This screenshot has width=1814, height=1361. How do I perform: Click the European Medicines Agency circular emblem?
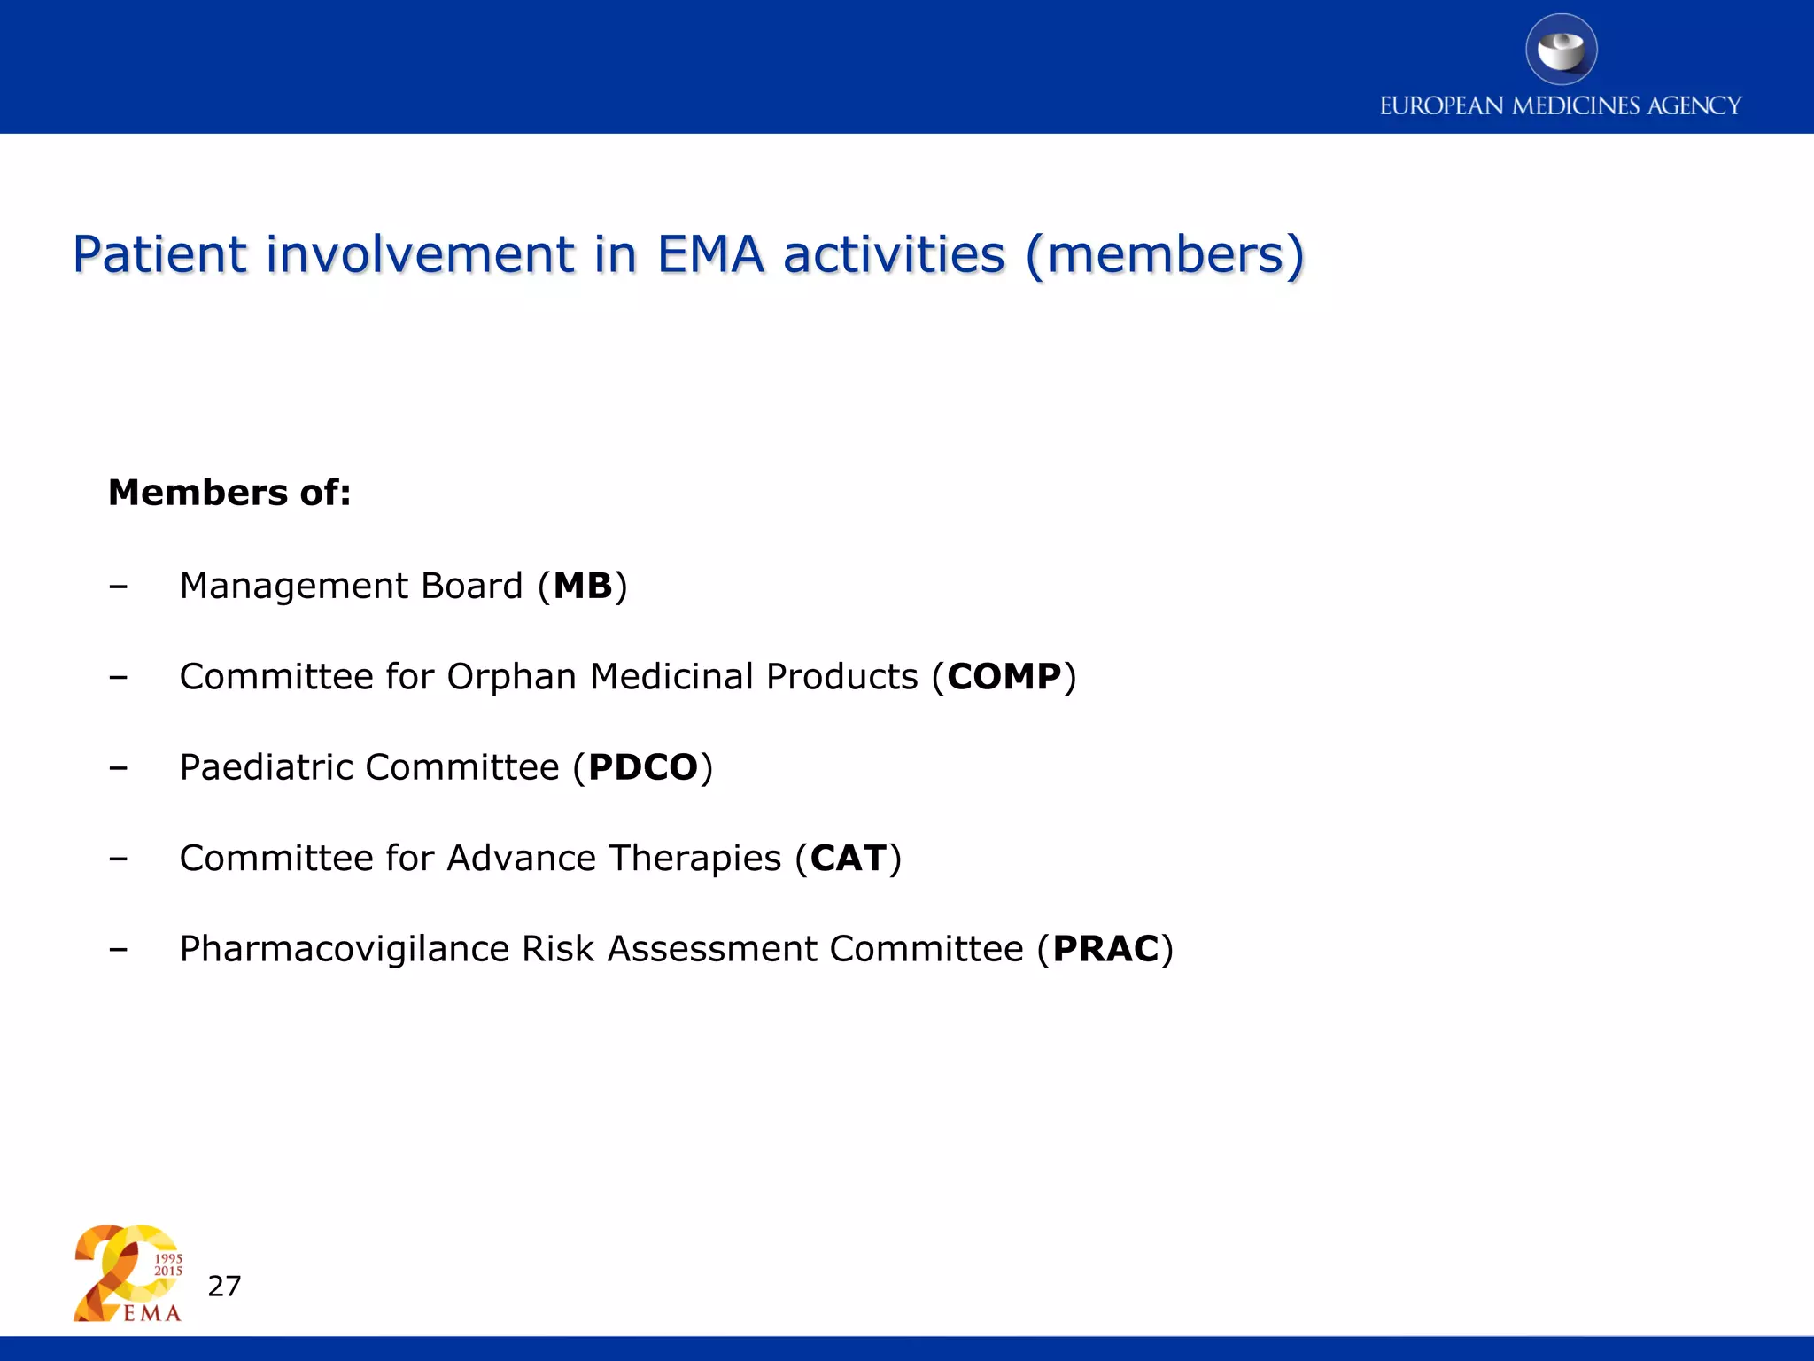click(1561, 50)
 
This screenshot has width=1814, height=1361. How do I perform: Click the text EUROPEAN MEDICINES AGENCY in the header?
click(1561, 106)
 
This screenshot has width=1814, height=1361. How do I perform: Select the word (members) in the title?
click(1165, 254)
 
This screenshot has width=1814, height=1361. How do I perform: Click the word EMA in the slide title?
click(710, 254)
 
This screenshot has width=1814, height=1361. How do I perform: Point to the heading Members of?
click(229, 493)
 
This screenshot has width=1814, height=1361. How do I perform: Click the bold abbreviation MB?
click(583, 587)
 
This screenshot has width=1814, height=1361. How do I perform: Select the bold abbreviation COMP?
click(1004, 677)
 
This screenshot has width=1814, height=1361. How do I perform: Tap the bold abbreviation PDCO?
click(643, 767)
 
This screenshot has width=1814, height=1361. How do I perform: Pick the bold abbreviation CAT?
click(848, 859)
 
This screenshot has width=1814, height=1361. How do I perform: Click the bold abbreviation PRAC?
click(1105, 949)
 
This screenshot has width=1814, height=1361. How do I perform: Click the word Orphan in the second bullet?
click(511, 677)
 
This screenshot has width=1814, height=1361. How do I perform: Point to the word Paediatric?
click(266, 767)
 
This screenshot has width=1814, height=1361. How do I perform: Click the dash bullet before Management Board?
click(118, 587)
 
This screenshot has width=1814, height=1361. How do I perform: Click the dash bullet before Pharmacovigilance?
click(118, 949)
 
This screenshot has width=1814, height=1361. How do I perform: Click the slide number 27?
click(224, 1286)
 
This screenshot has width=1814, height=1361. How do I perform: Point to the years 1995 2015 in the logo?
click(168, 1264)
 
